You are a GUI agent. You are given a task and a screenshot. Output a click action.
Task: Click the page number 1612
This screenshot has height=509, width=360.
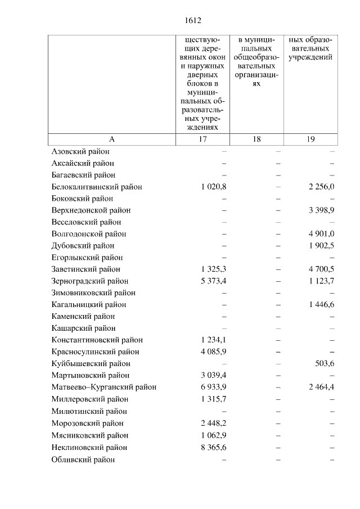click(x=193, y=21)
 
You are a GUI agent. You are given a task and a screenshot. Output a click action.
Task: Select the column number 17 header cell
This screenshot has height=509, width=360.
click(x=202, y=139)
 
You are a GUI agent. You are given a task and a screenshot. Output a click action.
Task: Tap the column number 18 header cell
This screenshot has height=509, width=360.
click(x=256, y=139)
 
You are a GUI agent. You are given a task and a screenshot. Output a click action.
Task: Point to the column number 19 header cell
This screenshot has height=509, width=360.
click(x=311, y=139)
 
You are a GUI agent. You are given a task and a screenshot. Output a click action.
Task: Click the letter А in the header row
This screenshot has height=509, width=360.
click(x=111, y=139)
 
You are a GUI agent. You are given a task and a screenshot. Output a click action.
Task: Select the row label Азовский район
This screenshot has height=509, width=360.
click(x=80, y=151)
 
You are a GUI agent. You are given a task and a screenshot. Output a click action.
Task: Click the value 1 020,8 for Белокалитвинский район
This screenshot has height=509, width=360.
click(x=213, y=187)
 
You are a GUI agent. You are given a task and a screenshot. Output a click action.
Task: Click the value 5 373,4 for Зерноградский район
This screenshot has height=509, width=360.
click(x=213, y=281)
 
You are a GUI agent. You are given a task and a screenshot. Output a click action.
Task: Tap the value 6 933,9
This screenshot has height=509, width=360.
click(x=213, y=388)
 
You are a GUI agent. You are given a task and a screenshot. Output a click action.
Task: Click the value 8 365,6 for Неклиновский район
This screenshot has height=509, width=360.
click(x=213, y=447)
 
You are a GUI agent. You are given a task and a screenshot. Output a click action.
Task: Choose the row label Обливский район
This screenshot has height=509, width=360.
click(x=83, y=460)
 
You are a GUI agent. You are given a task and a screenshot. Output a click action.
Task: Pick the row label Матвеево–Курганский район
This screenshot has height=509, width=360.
click(x=103, y=388)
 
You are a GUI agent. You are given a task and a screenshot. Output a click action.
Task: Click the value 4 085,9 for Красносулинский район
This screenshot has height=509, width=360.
click(x=213, y=352)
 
